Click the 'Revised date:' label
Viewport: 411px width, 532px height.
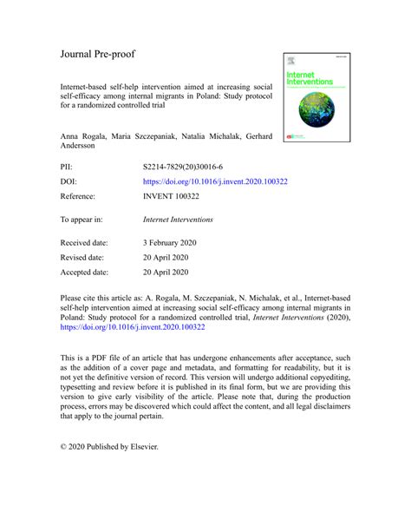84,257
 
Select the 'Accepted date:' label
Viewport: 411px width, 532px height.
87,273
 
